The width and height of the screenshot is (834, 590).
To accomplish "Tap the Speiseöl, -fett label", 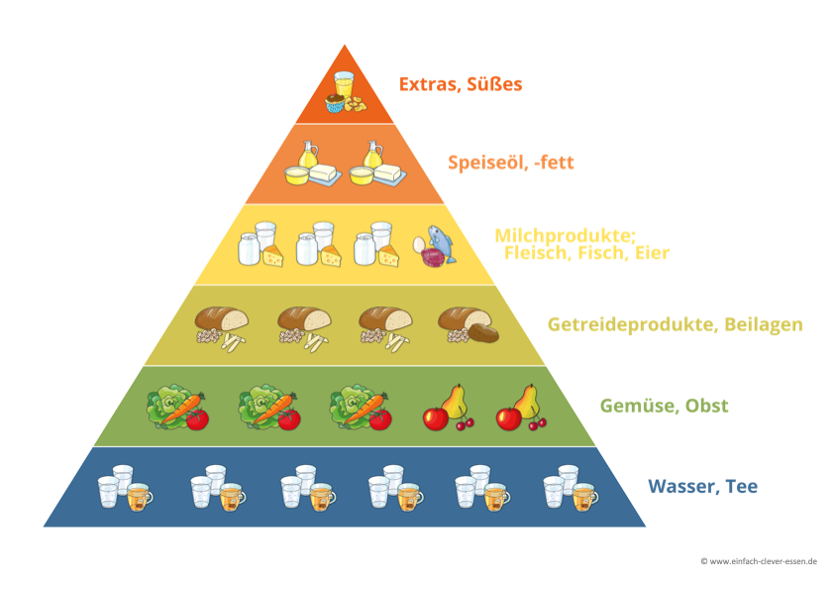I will coord(510,163).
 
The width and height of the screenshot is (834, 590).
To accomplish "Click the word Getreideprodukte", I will coord(623,324).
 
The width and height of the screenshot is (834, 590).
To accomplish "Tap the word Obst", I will coord(708,406).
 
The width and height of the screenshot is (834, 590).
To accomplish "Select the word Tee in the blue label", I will coord(739,487).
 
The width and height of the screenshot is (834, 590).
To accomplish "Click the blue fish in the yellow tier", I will coord(442,242).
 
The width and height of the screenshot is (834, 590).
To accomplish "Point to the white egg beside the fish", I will coord(420,243).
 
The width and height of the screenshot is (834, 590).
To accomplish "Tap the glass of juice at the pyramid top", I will coord(344,83).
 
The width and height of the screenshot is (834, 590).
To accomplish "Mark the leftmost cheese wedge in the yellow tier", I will coord(272,256).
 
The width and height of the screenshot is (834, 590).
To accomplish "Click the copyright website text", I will coord(758,561).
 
